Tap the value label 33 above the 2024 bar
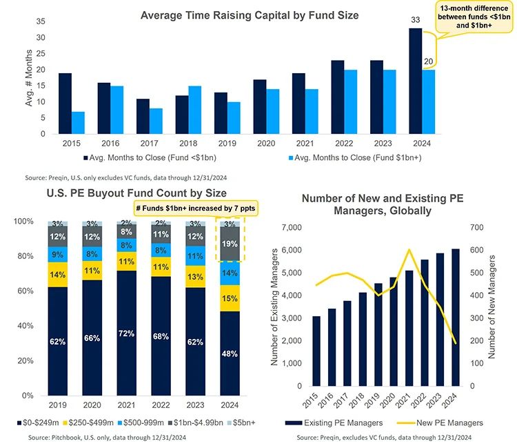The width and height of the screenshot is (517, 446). (416, 21)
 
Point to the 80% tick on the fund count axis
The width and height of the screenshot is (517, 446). (24, 256)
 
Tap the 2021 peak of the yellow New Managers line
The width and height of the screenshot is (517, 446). (410, 250)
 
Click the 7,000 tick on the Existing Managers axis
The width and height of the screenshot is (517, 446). (290, 227)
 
